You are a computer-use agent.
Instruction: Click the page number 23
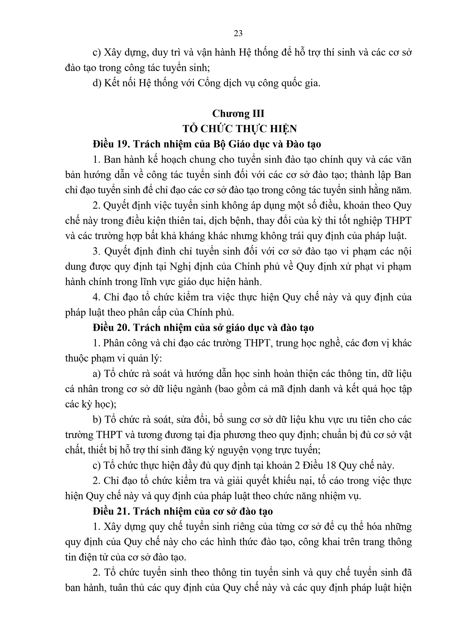point(238,34)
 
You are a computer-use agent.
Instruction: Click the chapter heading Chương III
point(238,114)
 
